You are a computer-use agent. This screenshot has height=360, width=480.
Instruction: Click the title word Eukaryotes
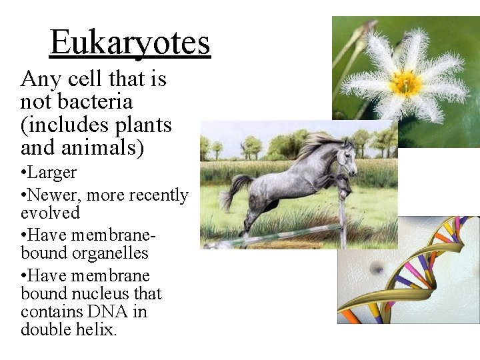[x=130, y=43]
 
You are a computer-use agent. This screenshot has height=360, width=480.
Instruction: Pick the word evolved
[x=50, y=213]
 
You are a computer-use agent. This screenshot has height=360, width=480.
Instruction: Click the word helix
[x=97, y=329]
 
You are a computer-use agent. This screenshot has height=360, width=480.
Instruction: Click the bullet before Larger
[x=24, y=173]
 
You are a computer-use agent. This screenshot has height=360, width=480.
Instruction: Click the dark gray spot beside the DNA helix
[x=377, y=268]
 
